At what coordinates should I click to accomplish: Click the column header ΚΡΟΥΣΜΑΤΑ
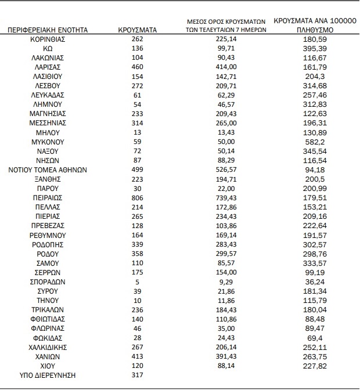tap(138, 28)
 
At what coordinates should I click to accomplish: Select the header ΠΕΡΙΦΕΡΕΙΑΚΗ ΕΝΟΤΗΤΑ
tap(48, 28)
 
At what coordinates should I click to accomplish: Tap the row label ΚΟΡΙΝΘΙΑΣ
tap(48, 39)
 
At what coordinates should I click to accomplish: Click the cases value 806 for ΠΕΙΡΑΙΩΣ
tap(138, 198)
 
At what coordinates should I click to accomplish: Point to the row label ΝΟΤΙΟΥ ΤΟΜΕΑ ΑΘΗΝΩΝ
tap(48, 170)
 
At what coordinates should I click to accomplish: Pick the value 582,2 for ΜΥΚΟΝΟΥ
tap(315, 142)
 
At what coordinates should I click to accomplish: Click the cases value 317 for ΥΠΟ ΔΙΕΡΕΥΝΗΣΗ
tap(138, 375)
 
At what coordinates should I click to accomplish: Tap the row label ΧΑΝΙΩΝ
tap(48, 356)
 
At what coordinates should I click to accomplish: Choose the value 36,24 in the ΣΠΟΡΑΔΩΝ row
tap(315, 281)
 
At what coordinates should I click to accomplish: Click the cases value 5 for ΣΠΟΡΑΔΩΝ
tap(138, 281)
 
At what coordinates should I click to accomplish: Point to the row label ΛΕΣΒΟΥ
tap(48, 85)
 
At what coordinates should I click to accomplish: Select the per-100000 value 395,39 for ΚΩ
tap(315, 48)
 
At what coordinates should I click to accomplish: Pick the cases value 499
tap(138, 170)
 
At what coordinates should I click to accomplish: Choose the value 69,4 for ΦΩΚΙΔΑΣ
tap(315, 338)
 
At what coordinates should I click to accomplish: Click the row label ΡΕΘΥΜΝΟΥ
tap(48, 235)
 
